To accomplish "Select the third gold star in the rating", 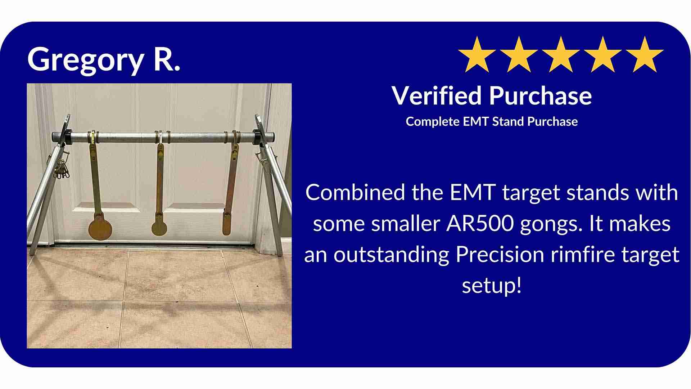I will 561,55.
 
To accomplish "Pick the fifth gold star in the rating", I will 645,55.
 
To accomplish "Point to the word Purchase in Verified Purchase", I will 540,96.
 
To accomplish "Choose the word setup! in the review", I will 492,286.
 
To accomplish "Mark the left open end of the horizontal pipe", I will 55,138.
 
